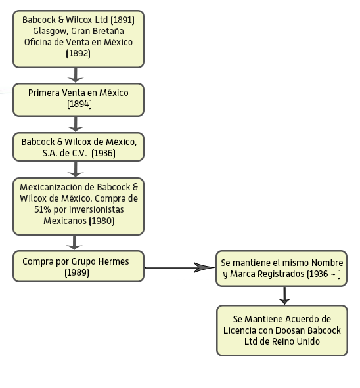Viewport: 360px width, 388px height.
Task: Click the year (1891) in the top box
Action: click(123, 20)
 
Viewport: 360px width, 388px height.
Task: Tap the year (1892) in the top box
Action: click(78, 53)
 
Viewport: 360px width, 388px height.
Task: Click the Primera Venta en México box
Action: click(78, 100)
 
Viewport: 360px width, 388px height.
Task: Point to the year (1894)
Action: click(79, 104)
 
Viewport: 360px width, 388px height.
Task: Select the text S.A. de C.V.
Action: click(64, 153)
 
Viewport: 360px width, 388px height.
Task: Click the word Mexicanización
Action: click(57, 187)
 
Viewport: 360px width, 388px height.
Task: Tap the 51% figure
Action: click(43, 209)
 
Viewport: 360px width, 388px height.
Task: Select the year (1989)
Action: click(77, 272)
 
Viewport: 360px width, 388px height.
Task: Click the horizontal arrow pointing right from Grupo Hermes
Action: click(180, 267)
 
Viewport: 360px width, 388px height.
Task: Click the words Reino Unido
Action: click(296, 341)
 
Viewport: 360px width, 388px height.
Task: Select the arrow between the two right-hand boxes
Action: click(284, 295)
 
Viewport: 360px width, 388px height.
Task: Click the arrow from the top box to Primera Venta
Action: click(76, 75)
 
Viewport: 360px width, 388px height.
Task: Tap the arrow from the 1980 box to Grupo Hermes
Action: click(74, 242)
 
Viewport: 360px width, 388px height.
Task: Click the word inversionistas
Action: click(97, 209)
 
